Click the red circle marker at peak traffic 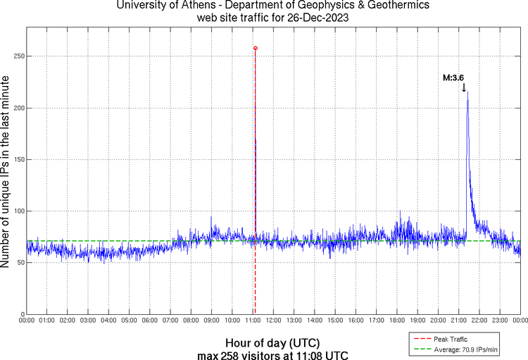[255, 48]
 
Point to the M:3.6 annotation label [453, 78]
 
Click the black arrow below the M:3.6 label [464, 87]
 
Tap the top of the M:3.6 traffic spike [467, 92]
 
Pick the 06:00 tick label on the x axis [150, 321]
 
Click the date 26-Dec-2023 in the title [315, 18]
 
